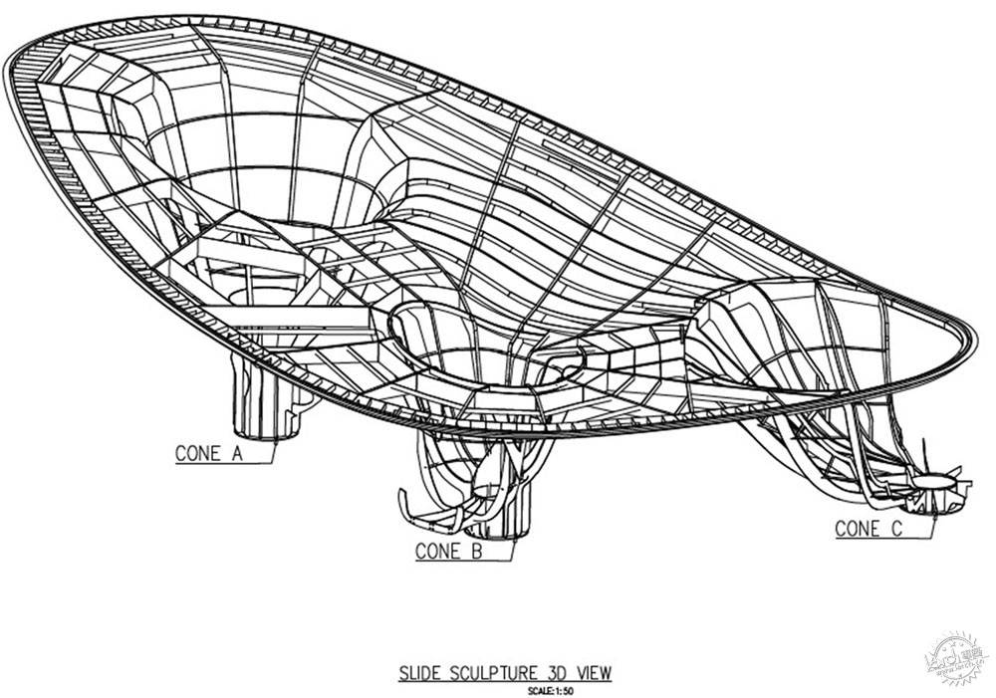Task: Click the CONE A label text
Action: [x=209, y=453]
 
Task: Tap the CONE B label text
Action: [x=448, y=551]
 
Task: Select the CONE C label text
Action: [x=869, y=529]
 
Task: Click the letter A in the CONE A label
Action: [x=236, y=453]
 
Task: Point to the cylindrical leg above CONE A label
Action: [x=261, y=398]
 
